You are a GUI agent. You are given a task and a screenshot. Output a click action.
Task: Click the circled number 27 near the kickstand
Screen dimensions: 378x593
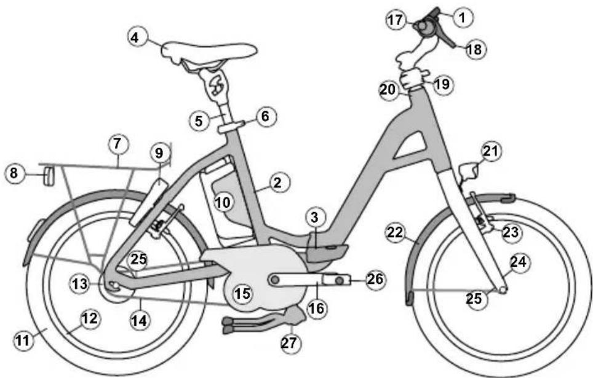point(290,342)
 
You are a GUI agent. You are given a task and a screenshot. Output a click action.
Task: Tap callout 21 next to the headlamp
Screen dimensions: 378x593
point(492,150)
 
